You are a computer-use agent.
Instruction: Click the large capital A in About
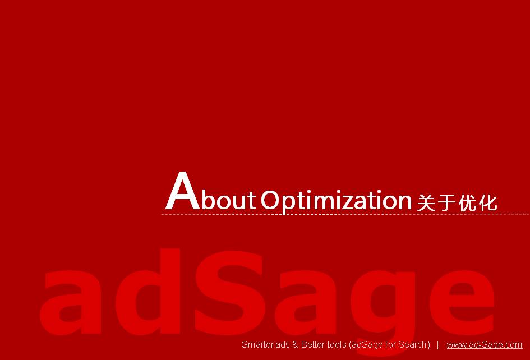(182, 191)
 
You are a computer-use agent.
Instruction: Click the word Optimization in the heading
(336, 202)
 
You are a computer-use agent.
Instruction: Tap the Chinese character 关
(426, 203)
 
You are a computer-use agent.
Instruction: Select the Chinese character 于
(446, 203)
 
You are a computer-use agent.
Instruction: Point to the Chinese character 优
(467, 203)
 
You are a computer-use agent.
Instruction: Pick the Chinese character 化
(488, 203)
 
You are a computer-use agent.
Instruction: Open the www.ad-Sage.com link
(485, 345)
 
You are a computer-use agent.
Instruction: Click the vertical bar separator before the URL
(437, 345)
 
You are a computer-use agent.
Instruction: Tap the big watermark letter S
(229, 293)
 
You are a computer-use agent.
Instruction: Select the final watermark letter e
(462, 303)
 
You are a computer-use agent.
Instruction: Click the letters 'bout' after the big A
(228, 200)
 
